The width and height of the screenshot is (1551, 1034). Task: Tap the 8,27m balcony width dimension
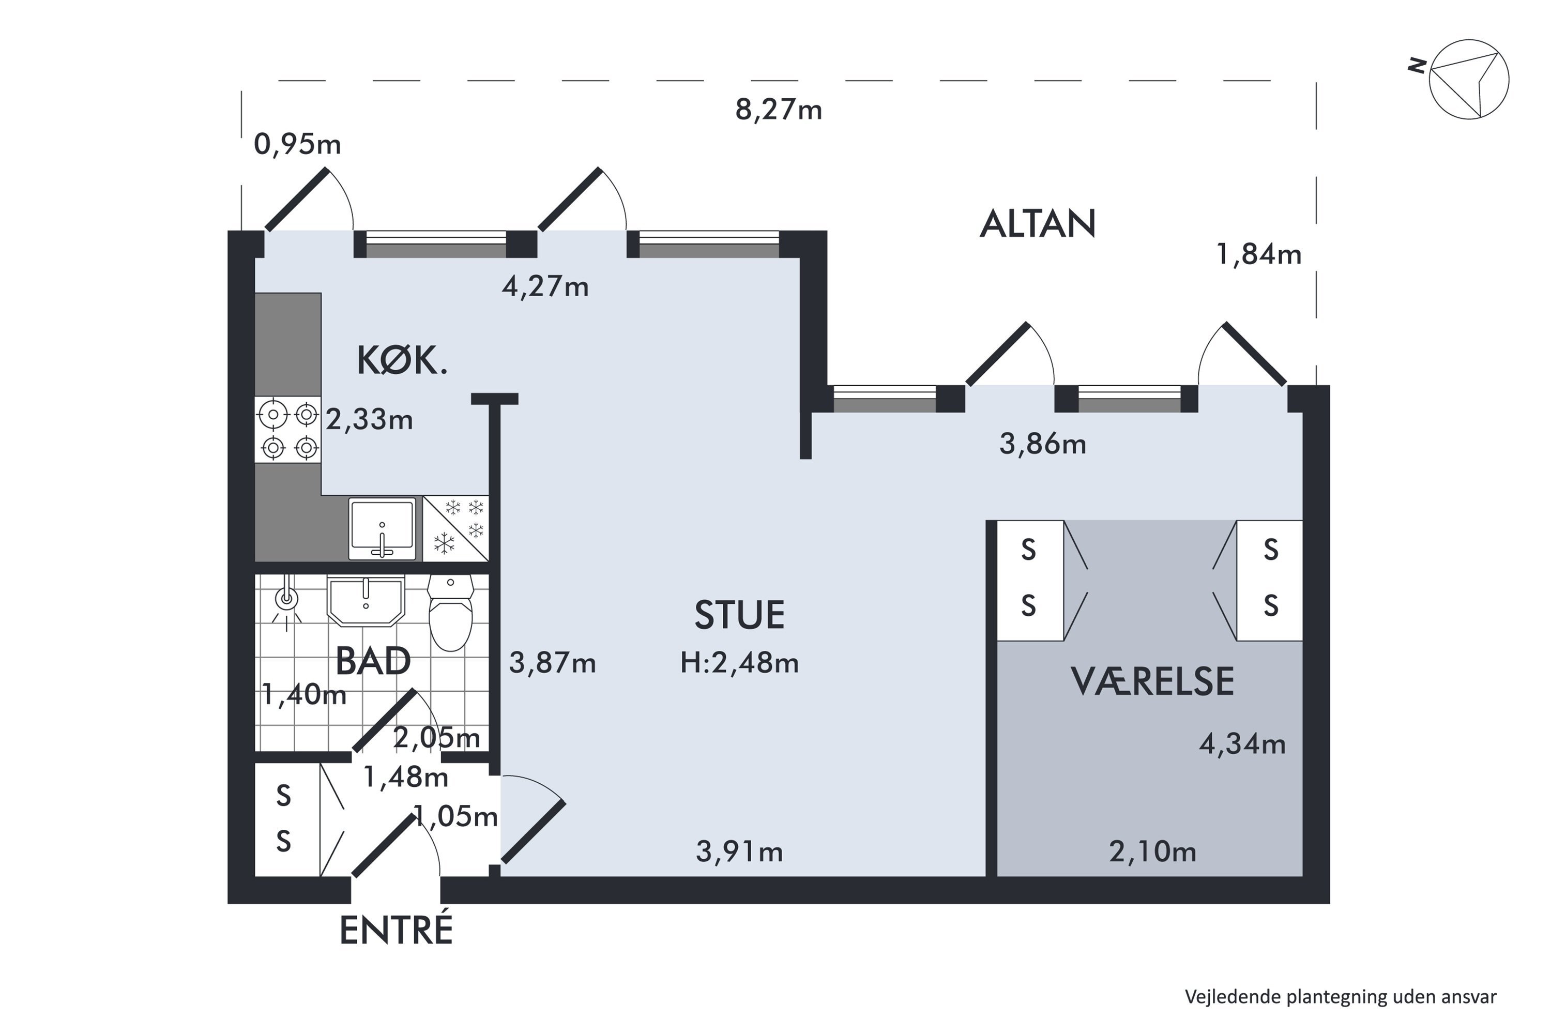click(x=778, y=110)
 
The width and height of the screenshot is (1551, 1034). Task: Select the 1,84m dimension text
click(x=1258, y=254)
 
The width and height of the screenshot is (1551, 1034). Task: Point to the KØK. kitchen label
click(x=402, y=361)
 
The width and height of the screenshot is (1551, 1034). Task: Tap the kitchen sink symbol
click(x=382, y=528)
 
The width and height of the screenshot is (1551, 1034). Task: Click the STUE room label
click(x=739, y=615)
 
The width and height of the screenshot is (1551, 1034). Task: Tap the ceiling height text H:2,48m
click(x=739, y=663)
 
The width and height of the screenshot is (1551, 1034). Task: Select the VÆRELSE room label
click(x=1151, y=682)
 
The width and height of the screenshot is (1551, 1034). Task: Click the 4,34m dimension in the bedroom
click(x=1242, y=744)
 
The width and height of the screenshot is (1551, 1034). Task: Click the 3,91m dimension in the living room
click(x=739, y=852)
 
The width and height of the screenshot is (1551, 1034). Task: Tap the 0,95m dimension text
click(x=297, y=144)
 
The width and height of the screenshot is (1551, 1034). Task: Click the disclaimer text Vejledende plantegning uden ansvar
click(x=1341, y=996)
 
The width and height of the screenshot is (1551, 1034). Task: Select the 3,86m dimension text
click(x=1043, y=445)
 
